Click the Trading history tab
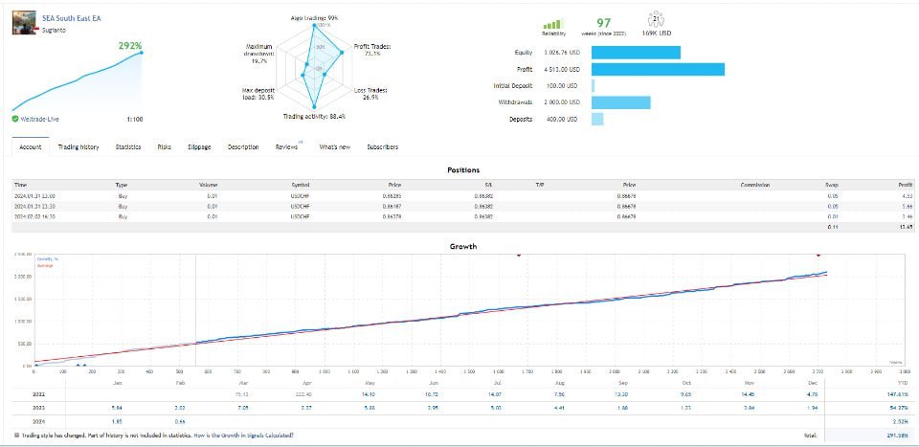coord(78,146)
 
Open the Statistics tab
coord(128,146)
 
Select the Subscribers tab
coord(383,146)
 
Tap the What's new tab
coord(334,146)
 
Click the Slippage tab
coord(199,146)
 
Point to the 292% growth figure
coord(130,45)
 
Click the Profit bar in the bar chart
coord(658,69)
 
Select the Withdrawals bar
coord(621,102)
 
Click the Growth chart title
coord(463,246)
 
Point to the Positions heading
coord(463,169)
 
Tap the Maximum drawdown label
coord(259,51)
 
